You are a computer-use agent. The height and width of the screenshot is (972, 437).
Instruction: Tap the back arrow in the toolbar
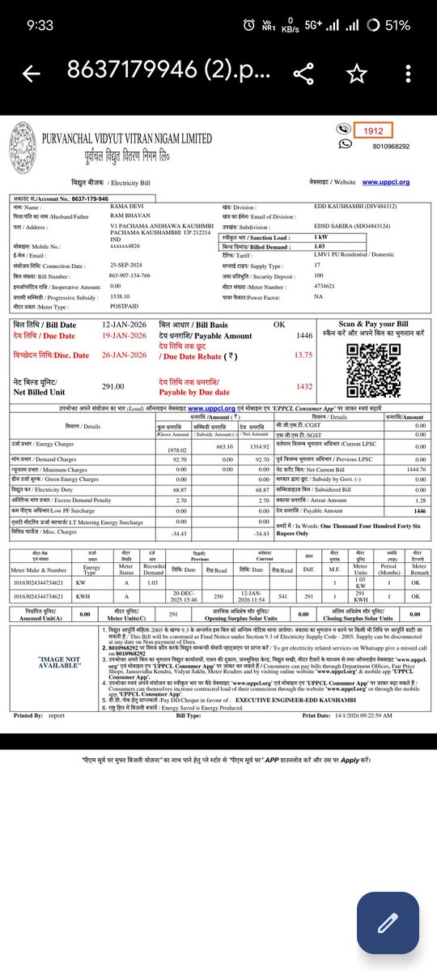click(x=32, y=74)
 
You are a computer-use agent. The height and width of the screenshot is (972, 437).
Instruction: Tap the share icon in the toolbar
click(x=303, y=74)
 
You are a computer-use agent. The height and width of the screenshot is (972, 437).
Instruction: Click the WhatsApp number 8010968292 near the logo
click(x=390, y=145)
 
